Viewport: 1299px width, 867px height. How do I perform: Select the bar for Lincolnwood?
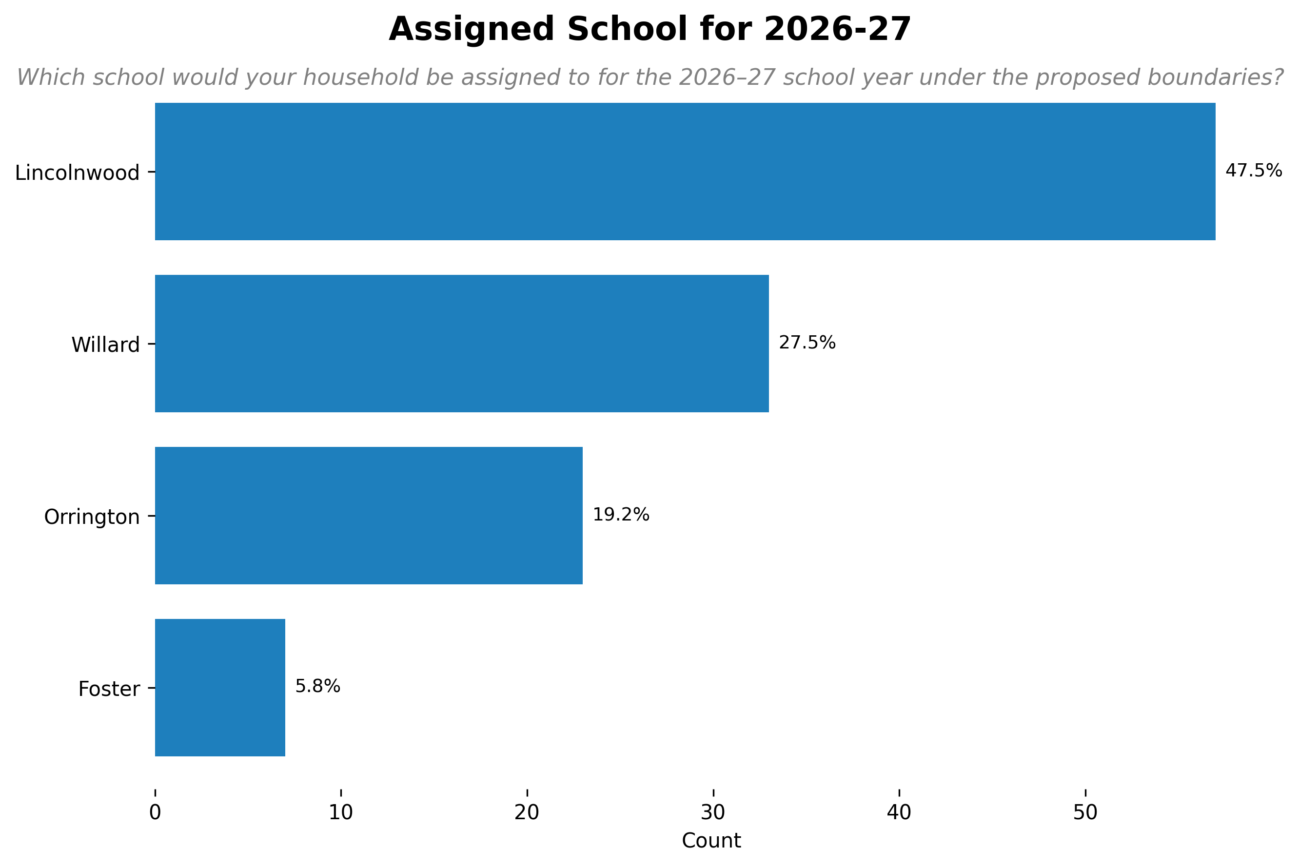(685, 172)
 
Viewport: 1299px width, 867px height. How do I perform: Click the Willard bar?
(462, 344)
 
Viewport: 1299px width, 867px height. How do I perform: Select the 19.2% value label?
(621, 515)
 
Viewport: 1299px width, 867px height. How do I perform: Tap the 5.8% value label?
(317, 686)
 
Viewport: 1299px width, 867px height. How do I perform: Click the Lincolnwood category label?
(78, 173)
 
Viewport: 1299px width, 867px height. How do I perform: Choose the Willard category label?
(106, 345)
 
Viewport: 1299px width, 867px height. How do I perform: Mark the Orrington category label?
(92, 517)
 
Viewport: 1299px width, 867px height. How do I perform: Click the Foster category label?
(109, 689)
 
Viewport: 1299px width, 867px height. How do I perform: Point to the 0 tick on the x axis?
(155, 812)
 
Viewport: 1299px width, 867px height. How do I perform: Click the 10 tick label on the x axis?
(341, 812)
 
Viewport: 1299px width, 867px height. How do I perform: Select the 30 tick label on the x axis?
(713, 812)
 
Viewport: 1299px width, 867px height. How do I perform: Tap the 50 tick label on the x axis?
(1085, 812)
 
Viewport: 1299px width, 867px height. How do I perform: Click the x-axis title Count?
(711, 841)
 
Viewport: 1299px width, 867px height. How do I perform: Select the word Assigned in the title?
(472, 29)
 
